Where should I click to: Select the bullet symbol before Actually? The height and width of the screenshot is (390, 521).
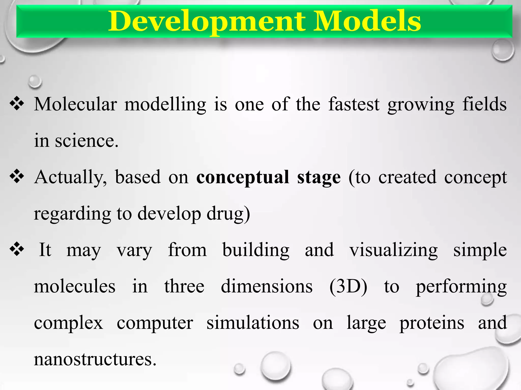(x=17, y=176)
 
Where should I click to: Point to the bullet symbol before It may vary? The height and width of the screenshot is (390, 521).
(x=17, y=249)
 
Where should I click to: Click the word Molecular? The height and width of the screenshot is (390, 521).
(x=76, y=104)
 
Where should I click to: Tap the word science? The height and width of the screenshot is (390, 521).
(x=86, y=141)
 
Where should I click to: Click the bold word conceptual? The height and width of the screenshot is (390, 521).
(x=243, y=177)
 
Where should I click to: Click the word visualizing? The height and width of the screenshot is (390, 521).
(x=393, y=250)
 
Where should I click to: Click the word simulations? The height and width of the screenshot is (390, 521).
(x=253, y=323)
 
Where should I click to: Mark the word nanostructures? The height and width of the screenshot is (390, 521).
(x=95, y=360)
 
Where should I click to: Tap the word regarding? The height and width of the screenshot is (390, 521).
(x=72, y=214)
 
